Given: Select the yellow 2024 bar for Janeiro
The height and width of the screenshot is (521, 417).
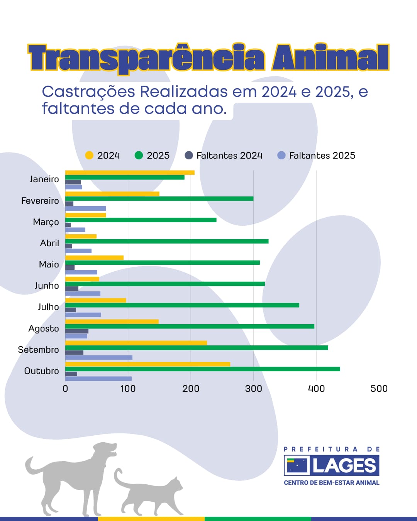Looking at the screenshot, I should (x=130, y=173).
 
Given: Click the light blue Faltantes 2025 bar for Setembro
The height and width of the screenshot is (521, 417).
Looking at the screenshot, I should (x=99, y=357).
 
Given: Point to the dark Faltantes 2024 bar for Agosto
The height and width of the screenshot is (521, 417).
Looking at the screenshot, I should (x=77, y=331).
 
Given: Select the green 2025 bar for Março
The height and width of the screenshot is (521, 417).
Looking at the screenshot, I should (x=141, y=220).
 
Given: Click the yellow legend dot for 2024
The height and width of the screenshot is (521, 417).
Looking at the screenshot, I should (x=89, y=155).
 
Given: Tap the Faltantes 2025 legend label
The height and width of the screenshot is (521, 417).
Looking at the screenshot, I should (x=322, y=156).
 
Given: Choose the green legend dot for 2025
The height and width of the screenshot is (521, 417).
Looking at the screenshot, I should (x=139, y=155).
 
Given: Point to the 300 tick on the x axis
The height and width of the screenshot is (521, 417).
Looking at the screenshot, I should (x=253, y=389).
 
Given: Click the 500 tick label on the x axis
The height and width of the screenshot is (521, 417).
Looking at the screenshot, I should (x=379, y=389).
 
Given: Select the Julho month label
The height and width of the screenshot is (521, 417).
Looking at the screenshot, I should (x=48, y=307).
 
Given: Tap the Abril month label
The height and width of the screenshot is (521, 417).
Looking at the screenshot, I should (x=49, y=243).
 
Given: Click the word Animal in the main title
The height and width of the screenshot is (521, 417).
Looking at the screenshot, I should (x=331, y=58).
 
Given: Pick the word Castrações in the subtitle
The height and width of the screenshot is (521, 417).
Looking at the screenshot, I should (x=88, y=92).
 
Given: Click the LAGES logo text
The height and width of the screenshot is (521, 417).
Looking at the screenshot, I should (x=344, y=465).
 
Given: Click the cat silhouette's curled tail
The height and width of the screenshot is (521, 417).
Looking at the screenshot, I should (x=118, y=477).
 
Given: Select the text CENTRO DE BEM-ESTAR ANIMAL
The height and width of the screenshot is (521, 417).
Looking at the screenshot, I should (x=331, y=482).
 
